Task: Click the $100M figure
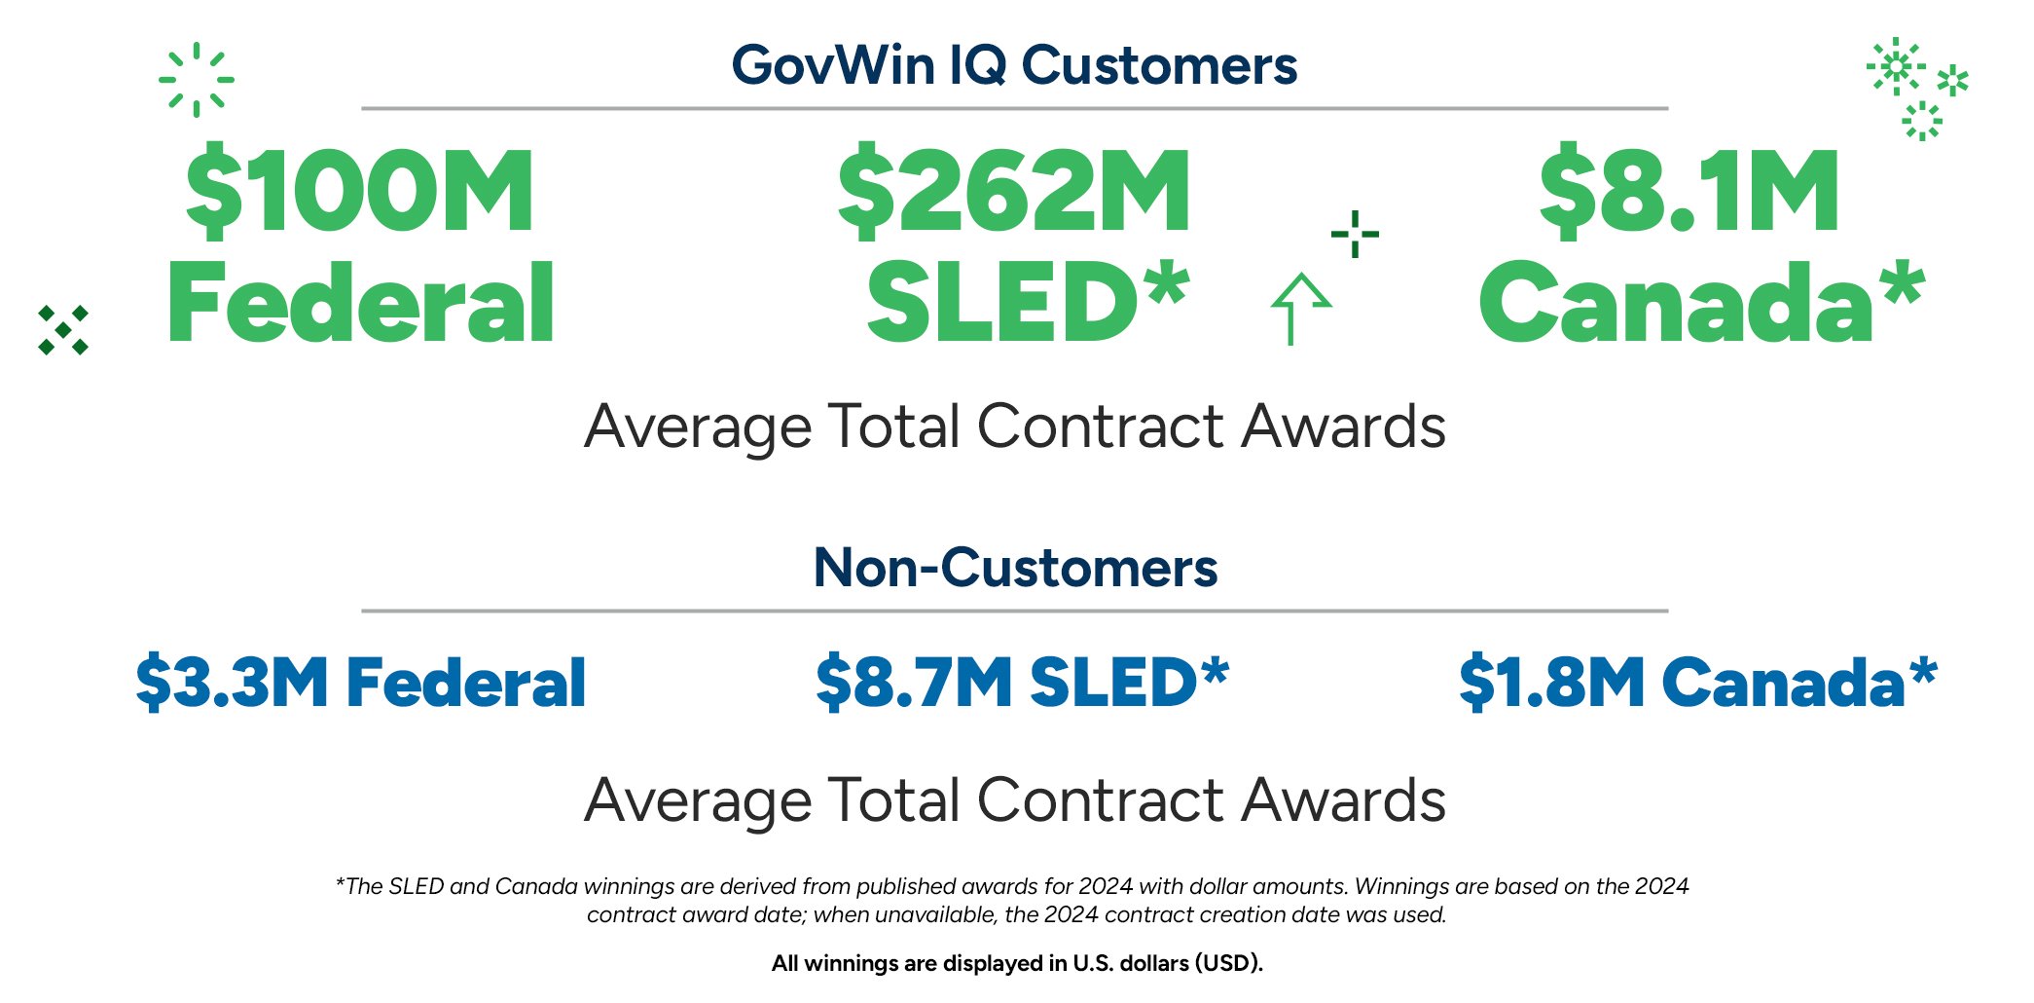359,191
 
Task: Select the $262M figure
1014,191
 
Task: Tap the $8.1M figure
1689,191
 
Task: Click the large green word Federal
361,304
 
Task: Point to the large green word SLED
997,304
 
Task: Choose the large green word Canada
1674,304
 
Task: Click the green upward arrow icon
1298,308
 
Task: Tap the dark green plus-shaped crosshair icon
1355,234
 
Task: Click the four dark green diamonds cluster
63,330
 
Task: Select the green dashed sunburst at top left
197,80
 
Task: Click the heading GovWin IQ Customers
1014,65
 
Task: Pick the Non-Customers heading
1015,568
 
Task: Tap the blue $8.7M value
914,682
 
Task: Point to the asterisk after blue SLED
1215,671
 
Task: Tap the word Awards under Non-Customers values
1344,800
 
